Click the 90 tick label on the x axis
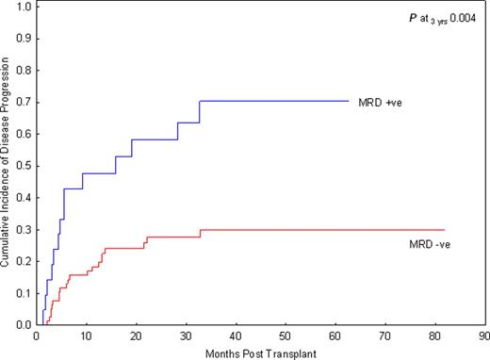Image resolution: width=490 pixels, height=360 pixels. click(x=483, y=335)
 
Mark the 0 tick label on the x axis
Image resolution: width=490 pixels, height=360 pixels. click(x=36, y=335)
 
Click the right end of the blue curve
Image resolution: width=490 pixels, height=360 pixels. click(x=348, y=101)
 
